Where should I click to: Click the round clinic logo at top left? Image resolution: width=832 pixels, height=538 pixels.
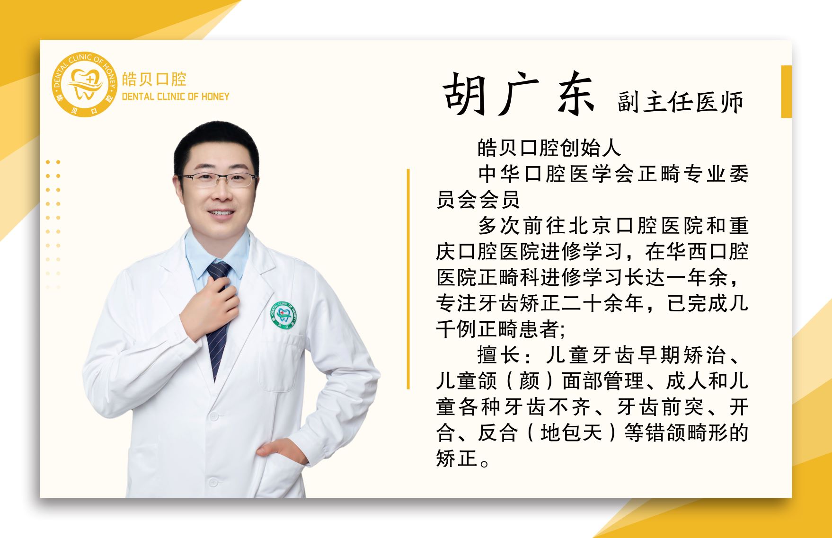(x=84, y=84)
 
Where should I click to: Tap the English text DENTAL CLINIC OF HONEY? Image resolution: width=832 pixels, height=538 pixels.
(x=175, y=97)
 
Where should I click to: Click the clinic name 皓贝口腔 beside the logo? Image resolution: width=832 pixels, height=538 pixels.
(x=154, y=79)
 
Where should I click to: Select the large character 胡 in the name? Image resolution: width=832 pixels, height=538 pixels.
(x=465, y=95)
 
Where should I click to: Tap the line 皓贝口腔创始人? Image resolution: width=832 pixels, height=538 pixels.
(x=549, y=148)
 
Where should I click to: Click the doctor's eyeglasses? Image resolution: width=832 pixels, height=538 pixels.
(x=219, y=179)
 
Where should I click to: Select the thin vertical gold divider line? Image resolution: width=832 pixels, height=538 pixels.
(x=408, y=279)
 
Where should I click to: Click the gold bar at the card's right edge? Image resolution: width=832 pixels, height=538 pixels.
(x=787, y=91)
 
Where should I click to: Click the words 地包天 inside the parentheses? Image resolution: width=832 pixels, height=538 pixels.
(x=571, y=432)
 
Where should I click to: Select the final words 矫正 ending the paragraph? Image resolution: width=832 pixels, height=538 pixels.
(x=457, y=458)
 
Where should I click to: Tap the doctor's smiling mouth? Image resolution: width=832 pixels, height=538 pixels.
(x=221, y=213)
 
